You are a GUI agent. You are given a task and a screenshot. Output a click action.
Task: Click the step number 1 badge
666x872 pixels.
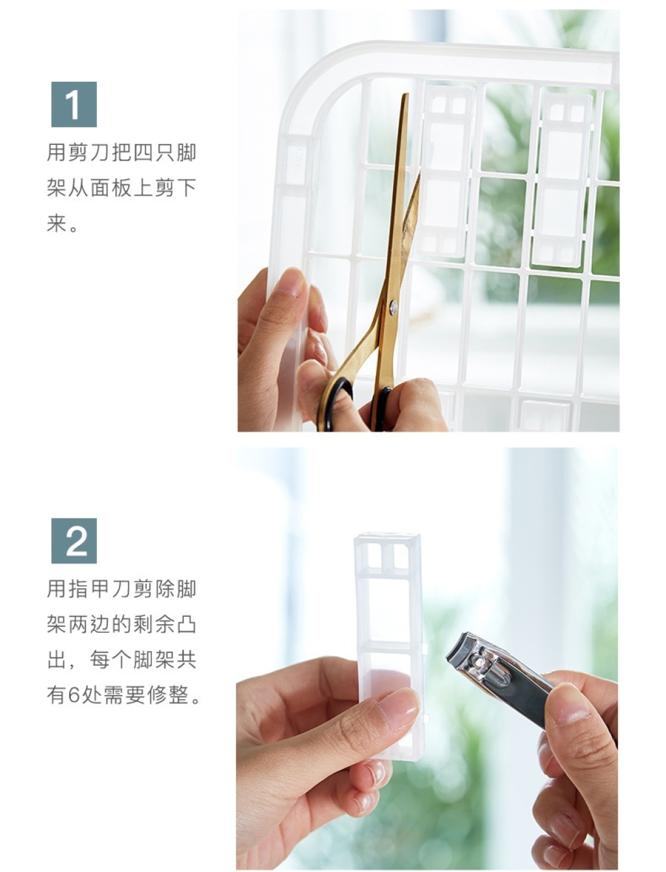74,105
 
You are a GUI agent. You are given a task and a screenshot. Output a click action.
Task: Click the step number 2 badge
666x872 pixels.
74,541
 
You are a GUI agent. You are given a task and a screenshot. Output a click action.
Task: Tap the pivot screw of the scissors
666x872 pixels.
393,307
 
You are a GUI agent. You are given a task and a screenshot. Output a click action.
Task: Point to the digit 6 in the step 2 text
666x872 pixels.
73,696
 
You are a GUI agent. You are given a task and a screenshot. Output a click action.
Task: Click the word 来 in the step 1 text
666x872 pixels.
57,223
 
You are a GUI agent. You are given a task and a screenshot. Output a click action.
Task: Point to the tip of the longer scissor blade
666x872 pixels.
406,94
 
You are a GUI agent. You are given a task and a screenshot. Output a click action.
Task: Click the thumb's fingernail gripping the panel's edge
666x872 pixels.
292,283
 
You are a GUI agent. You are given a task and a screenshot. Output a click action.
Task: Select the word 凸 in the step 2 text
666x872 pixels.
186,624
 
